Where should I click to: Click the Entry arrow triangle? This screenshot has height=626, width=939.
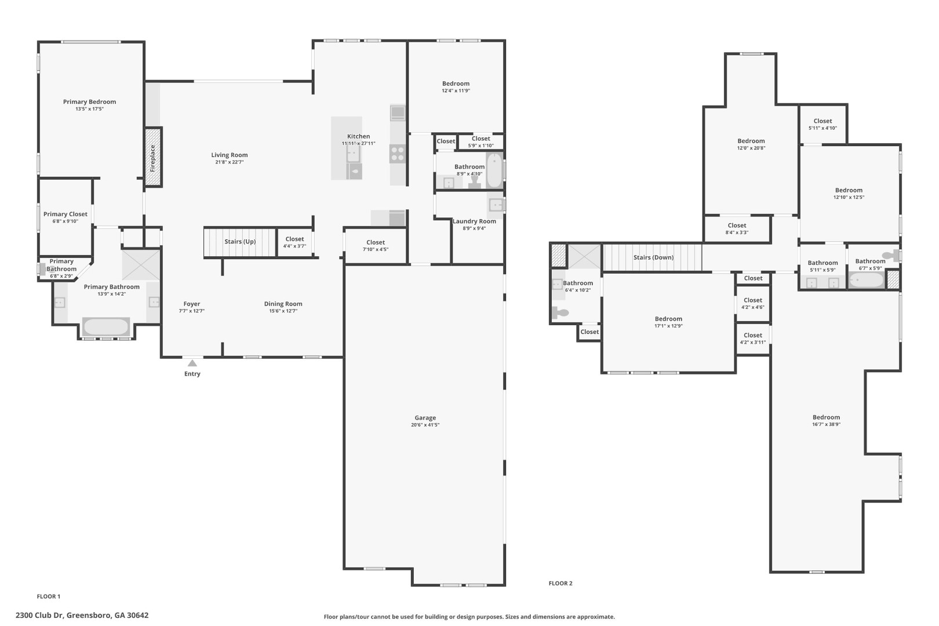192,363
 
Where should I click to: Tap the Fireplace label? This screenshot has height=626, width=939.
153,158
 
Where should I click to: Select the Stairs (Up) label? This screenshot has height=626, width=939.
240,242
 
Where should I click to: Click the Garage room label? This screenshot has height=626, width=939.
425,417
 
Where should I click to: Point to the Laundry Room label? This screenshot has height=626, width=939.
474,221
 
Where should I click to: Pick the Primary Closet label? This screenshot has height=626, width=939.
65,214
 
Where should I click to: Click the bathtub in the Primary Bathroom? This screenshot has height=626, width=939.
106,327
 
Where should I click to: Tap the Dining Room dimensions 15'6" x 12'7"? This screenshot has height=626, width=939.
283,311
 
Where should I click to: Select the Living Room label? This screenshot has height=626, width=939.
230,155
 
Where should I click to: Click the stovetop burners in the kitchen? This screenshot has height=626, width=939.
398,154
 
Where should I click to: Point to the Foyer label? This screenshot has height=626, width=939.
192,304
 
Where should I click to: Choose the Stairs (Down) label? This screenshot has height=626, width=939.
653,257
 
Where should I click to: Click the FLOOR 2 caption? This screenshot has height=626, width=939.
561,583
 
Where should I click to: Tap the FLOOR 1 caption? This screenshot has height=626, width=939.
49,596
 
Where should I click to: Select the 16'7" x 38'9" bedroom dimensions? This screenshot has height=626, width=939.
826,424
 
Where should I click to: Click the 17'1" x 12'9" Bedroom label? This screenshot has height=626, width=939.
669,319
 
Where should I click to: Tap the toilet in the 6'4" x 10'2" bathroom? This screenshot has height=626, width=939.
560,312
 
